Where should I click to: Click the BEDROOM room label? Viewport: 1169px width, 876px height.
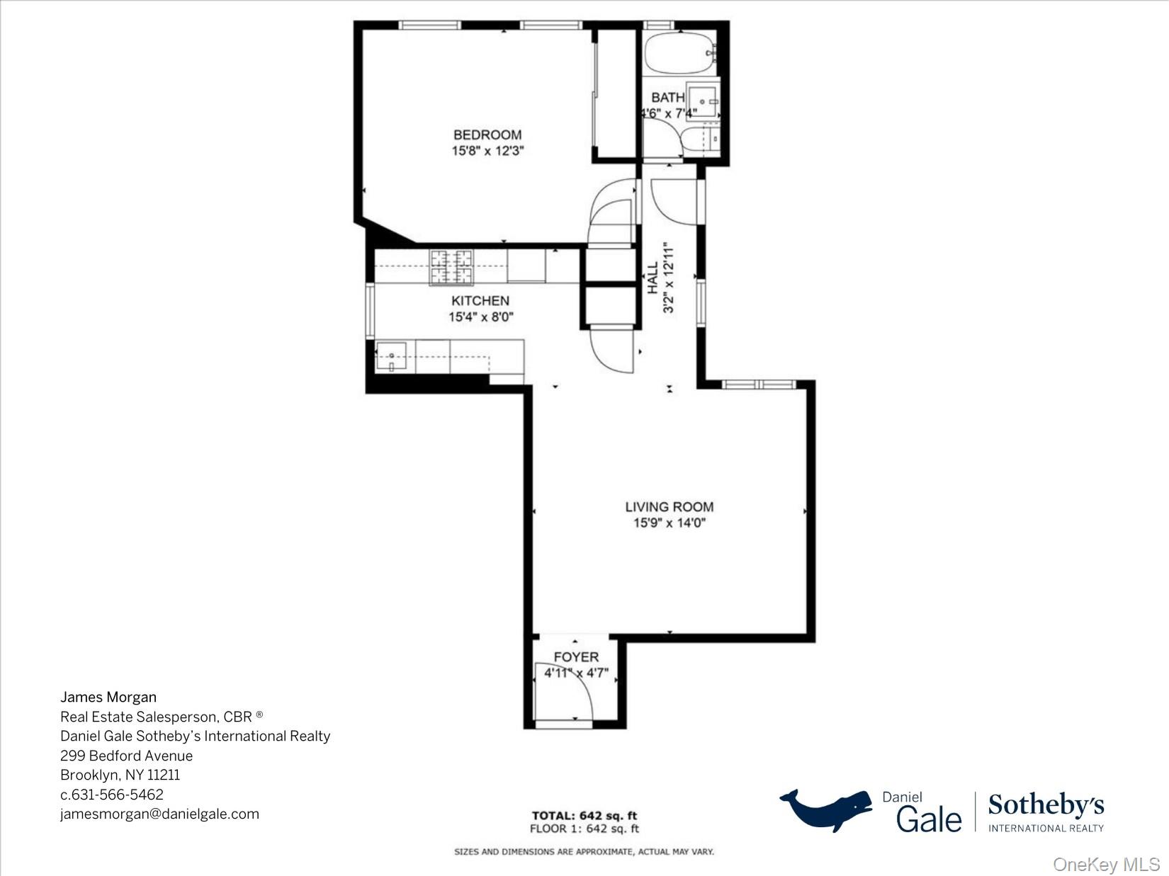coord(487,135)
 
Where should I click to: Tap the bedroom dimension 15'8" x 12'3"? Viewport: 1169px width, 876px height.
coord(487,151)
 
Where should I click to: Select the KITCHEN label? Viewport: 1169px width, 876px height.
coord(480,301)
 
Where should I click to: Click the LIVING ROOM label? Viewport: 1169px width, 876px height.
coord(669,507)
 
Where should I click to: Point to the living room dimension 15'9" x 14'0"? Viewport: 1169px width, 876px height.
coord(669,523)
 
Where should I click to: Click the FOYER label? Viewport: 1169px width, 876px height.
coord(576,657)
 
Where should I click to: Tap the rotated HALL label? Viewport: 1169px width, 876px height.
coord(653,278)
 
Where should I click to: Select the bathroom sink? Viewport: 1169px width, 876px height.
coord(702,102)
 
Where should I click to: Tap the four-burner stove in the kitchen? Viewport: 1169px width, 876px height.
coord(451,267)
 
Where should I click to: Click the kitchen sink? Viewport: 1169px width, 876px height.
coord(390,356)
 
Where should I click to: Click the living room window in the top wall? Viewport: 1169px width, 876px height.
coord(759,385)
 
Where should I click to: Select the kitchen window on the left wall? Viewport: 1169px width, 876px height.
coord(370,310)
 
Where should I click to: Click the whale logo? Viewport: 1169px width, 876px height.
coord(826,809)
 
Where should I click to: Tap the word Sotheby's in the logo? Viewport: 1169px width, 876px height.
coord(1046,806)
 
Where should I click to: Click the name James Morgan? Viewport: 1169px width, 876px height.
coord(108,698)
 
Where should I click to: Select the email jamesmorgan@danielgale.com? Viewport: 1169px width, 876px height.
coord(159,814)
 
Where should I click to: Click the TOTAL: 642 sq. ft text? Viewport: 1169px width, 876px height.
coord(584,816)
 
